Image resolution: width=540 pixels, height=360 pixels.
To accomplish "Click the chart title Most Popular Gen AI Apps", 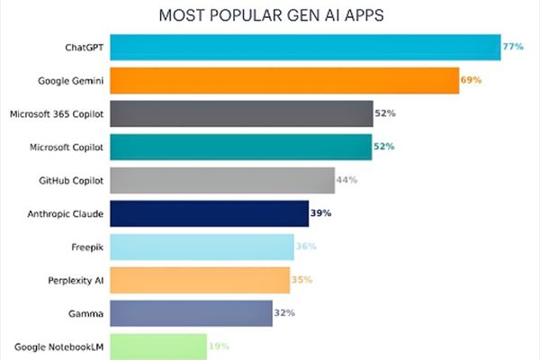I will (x=269, y=15).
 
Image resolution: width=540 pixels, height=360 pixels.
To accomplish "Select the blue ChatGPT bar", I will (x=306, y=47).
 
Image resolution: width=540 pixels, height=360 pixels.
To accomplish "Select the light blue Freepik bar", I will (x=202, y=247).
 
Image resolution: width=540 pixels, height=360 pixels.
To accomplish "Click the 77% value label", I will (x=514, y=46).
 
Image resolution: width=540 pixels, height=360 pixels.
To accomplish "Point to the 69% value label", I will (x=472, y=80).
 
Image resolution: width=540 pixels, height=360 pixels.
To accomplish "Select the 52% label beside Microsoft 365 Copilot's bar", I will (x=385, y=113).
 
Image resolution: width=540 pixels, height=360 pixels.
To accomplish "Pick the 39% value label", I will (x=321, y=213).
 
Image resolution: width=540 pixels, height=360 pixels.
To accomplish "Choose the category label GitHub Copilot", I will (x=72, y=180).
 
